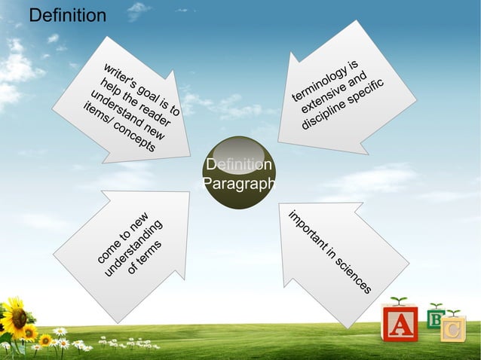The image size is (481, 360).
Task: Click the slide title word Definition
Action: [67, 15]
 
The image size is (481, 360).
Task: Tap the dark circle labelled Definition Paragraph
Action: [238, 173]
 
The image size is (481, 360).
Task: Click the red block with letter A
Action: [400, 325]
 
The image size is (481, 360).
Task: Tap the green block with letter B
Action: [435, 319]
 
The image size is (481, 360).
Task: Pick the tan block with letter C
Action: [453, 330]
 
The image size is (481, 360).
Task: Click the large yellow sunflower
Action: [13, 317]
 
